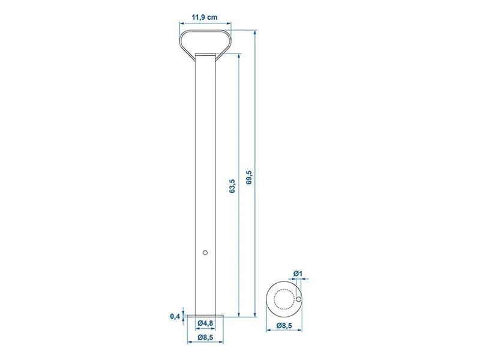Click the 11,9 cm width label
206,17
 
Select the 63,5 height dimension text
232,186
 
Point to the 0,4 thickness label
175,316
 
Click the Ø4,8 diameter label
206,323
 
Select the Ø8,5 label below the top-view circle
285,326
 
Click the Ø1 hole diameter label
298,275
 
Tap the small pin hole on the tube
206,253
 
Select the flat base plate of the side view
206,316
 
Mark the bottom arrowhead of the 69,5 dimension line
256,314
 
